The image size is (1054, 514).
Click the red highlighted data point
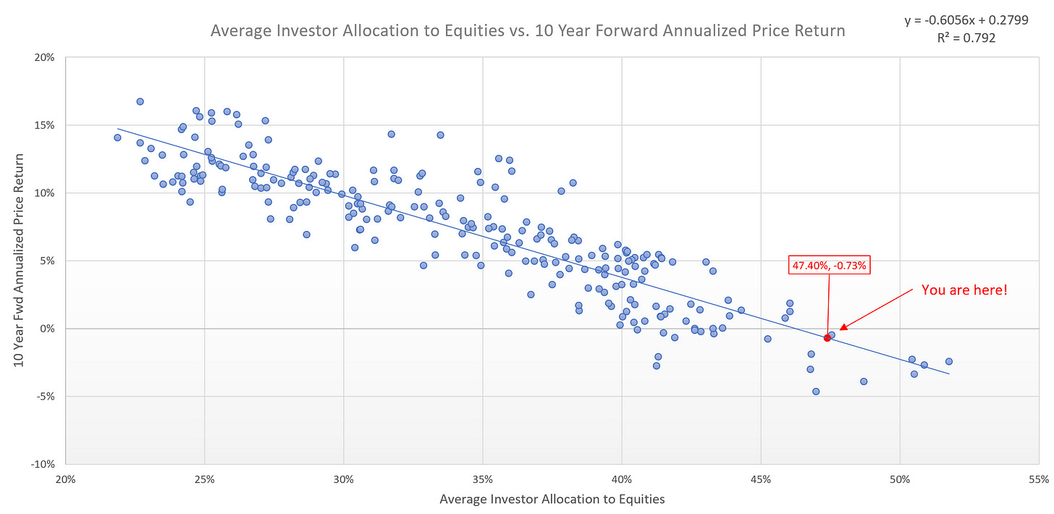[827, 338]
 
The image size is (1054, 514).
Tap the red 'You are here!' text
[964, 290]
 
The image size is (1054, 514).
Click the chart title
[527, 31]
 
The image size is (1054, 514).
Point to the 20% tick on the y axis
[45, 57]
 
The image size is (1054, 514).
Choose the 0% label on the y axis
[48, 329]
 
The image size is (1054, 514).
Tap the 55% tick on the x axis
[1039, 479]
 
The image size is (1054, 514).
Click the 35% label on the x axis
[483, 479]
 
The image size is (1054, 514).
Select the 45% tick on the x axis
[761, 479]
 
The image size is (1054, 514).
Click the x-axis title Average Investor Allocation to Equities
[552, 499]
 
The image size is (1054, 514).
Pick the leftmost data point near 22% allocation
[117, 138]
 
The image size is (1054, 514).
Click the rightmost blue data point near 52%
[948, 361]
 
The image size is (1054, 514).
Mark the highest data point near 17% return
[140, 101]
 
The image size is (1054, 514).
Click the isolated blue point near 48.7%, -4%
[863, 382]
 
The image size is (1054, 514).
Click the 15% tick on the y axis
[45, 125]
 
